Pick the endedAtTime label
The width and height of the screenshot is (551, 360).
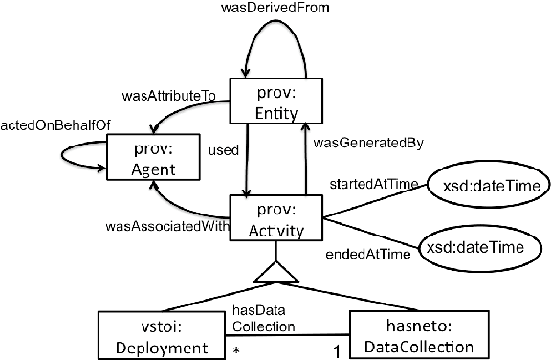pyautogui.click(x=374, y=254)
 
